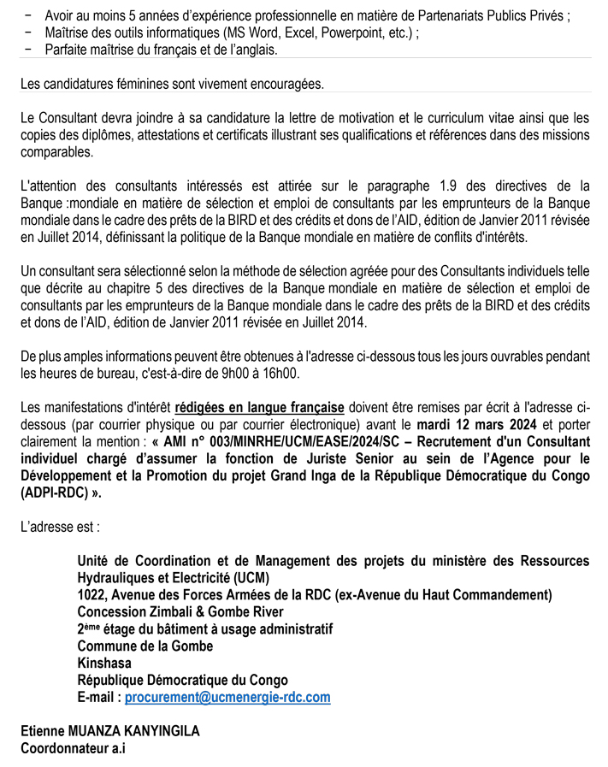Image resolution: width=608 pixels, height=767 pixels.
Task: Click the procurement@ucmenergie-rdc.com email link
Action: pos(227,697)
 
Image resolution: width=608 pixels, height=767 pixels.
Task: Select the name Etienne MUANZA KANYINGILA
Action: pos(110,731)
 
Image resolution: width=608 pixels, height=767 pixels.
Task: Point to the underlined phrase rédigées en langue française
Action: pos(259,407)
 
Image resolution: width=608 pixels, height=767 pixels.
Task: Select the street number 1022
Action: pos(91,594)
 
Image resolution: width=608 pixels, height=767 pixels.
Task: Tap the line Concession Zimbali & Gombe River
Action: pos(180,611)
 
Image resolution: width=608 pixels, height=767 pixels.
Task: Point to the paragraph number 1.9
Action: pos(452,186)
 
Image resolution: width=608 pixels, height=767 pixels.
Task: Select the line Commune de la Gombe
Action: pos(145,646)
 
